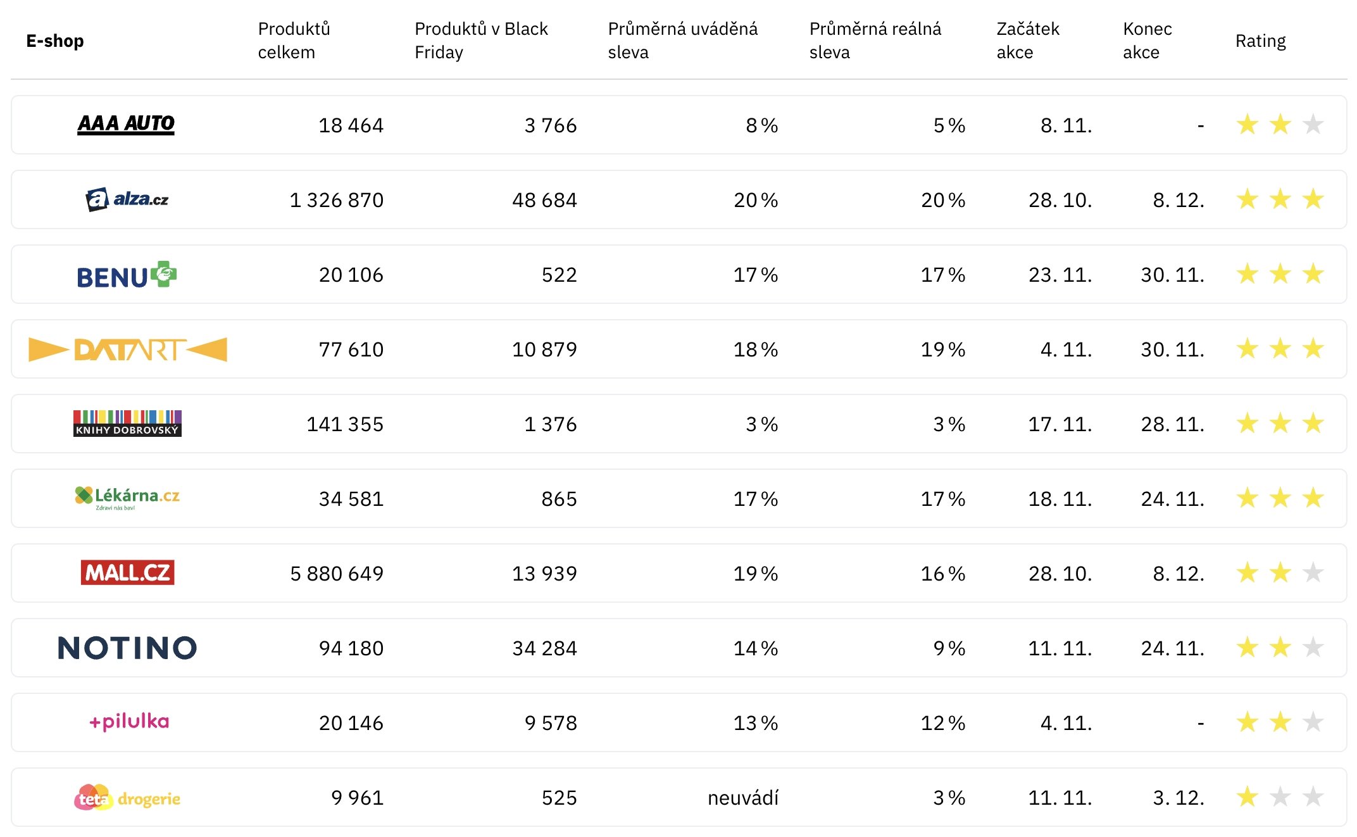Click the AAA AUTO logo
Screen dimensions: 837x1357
[x=126, y=124]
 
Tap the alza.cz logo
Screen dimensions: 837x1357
[x=127, y=199]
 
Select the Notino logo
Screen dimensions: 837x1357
[x=127, y=648]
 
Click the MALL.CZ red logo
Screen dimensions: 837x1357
[x=127, y=572]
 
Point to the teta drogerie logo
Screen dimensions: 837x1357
[x=127, y=798]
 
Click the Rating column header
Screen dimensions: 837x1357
[x=1260, y=41]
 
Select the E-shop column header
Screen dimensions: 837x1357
[x=55, y=41]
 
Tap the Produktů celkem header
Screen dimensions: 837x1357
[x=294, y=41]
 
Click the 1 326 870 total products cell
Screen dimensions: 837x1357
[x=336, y=200]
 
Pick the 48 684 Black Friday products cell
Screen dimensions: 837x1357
[x=544, y=200]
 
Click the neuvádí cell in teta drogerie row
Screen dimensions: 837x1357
[x=742, y=798]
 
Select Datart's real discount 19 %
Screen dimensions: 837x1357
[x=942, y=349]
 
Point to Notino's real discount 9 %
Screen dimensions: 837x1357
[x=949, y=648]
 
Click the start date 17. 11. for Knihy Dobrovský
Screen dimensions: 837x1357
[x=1060, y=424]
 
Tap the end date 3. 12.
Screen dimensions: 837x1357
[x=1178, y=798]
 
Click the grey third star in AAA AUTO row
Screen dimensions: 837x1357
[x=1313, y=124]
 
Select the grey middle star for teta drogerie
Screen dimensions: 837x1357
[x=1280, y=796]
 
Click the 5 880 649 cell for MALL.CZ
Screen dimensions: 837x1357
[x=336, y=574]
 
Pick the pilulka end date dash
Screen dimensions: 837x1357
[x=1200, y=723]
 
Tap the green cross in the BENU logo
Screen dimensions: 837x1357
[x=164, y=274]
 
